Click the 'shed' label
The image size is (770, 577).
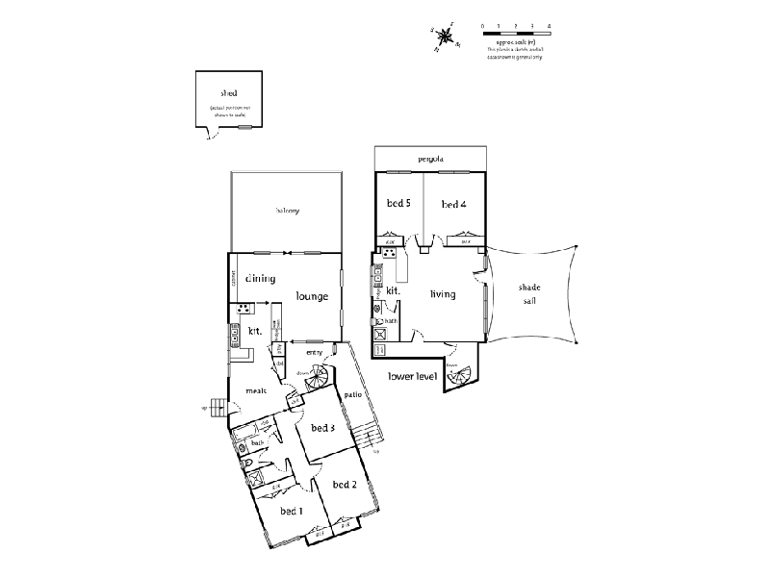[x=228, y=93]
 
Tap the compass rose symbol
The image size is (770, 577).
[x=446, y=37]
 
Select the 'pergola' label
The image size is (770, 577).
[x=430, y=159]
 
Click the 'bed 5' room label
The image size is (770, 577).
[x=398, y=204]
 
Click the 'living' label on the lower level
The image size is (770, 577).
[x=443, y=293]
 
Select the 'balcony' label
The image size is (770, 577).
[x=288, y=211]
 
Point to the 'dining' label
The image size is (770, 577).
[x=260, y=279]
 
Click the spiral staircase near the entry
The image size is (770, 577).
[x=317, y=380]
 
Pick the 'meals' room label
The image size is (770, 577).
[x=256, y=390]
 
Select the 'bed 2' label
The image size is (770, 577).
[x=345, y=484]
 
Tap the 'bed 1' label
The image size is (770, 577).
[x=292, y=511]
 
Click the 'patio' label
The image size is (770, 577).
[x=352, y=395]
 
